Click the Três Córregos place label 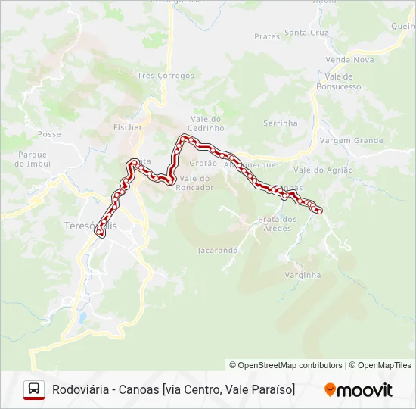pyautogui.click(x=166, y=76)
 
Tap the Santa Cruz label pyautogui.click(x=306, y=33)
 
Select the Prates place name pyautogui.click(x=267, y=36)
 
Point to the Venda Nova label pyautogui.click(x=349, y=60)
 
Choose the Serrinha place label pyautogui.click(x=280, y=123)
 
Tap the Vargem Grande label pyautogui.click(x=351, y=141)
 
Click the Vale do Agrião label pyautogui.click(x=323, y=170)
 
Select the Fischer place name pyautogui.click(x=127, y=127)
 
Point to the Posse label pyautogui.click(x=48, y=134)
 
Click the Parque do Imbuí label pyautogui.click(x=33, y=159)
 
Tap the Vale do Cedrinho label pyautogui.click(x=206, y=123)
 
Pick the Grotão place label pyautogui.click(x=203, y=163)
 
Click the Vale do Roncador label pyautogui.click(x=194, y=183)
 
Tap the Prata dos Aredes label pyautogui.click(x=277, y=223)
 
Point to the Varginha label pyautogui.click(x=303, y=275)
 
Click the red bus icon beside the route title pyautogui.click(x=34, y=389)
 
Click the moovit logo pyautogui.click(x=359, y=390)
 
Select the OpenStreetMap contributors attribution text pyautogui.click(x=285, y=365)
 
